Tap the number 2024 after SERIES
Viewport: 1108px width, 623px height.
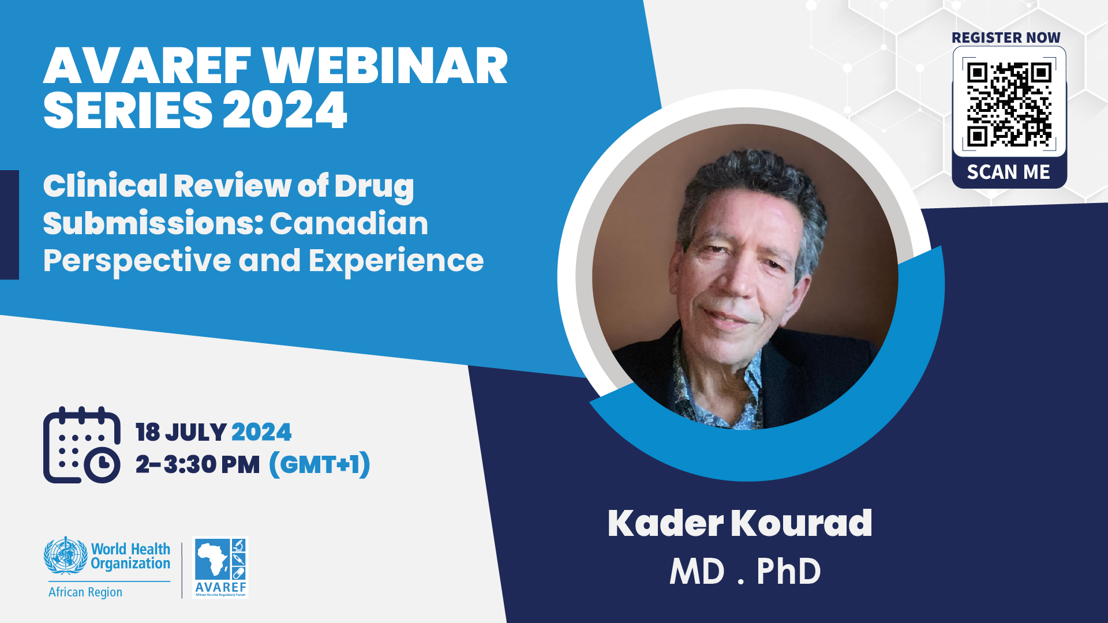[x=285, y=110]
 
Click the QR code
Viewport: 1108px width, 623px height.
[x=1009, y=104]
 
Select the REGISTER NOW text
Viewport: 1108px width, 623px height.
[x=1006, y=37]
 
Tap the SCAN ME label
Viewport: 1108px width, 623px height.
[x=1008, y=172]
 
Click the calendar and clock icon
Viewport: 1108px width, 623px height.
[x=82, y=445]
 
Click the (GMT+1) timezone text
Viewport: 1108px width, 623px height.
[x=320, y=465]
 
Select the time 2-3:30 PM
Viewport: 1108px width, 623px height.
[x=198, y=464]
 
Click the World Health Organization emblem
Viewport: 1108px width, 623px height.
[x=65, y=555]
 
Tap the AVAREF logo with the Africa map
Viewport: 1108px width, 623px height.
[x=220, y=568]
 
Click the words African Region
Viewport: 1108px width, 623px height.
[x=85, y=592]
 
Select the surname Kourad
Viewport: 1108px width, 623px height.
[x=802, y=523]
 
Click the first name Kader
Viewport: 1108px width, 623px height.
[x=665, y=523]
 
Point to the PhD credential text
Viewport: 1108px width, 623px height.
[x=788, y=572]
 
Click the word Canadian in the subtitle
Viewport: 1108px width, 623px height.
[x=349, y=223]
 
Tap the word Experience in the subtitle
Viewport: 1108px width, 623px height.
[x=396, y=261]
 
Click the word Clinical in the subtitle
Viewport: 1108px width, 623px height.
[x=105, y=186]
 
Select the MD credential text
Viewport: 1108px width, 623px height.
[x=697, y=572]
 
